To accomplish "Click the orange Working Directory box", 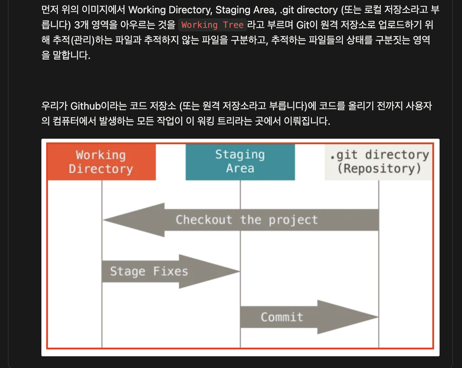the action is coord(101,162).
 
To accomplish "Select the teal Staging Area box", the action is coord(240,162).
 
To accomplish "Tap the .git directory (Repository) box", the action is coord(379,162).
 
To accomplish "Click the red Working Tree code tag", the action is coord(212,25).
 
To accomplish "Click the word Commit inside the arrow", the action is coord(282,317).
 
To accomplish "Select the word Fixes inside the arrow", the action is coord(171,271).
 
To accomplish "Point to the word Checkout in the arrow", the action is coord(204,220).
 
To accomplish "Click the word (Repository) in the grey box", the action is coord(379,168).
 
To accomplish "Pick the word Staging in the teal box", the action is coord(240,155).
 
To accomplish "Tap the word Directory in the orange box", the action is coord(101,169).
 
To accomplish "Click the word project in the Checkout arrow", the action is coord(293,220).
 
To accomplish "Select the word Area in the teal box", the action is coord(240,168).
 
